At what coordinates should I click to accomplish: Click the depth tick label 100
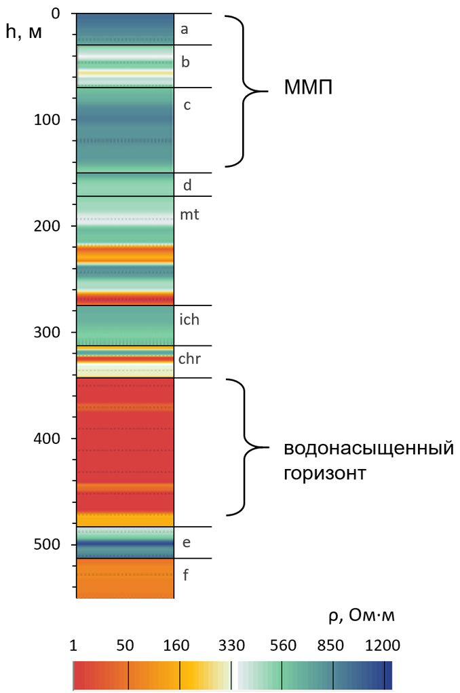[x=50, y=119]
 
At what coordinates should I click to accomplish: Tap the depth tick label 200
[x=50, y=226]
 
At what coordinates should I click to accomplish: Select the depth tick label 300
[x=50, y=333]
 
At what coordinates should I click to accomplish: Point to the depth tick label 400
[x=50, y=438]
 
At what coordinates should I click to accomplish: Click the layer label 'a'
[x=184, y=29]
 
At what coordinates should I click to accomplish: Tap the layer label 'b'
[x=185, y=63]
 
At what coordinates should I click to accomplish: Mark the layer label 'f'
[x=186, y=576]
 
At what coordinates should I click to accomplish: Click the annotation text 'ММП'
[x=308, y=90]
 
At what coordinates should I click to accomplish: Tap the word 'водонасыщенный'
[x=368, y=449]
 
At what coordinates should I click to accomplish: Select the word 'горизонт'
[x=326, y=473]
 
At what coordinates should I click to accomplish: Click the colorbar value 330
[x=231, y=645]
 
